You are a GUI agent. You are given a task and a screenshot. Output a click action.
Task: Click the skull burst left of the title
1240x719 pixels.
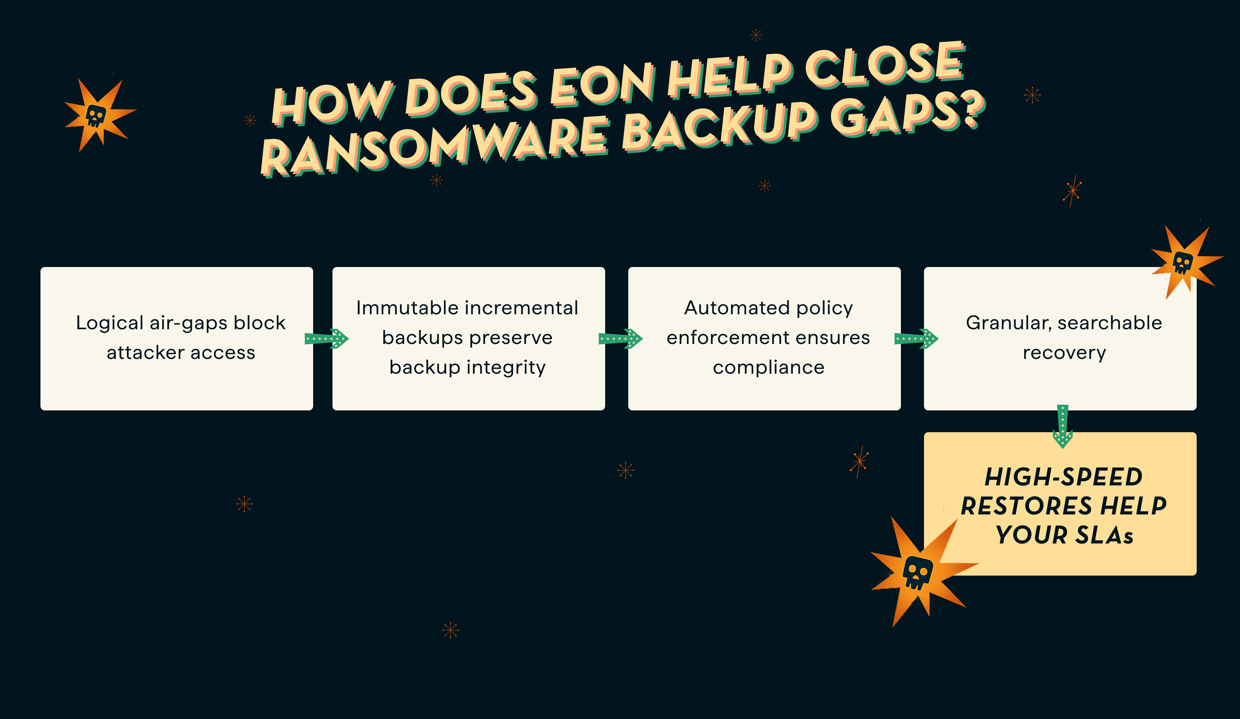97,115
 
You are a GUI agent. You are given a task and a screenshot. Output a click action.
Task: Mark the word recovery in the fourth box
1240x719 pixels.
1064,353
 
